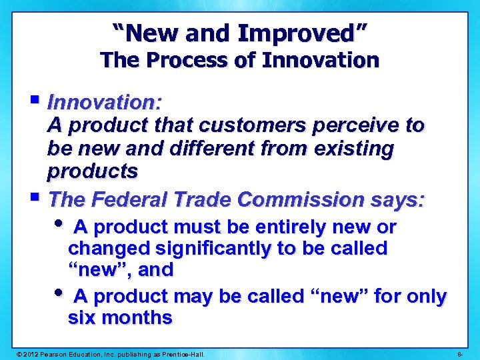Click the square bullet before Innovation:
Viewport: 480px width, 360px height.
35,101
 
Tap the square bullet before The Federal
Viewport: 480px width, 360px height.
35,198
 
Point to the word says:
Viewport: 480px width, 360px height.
397,199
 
